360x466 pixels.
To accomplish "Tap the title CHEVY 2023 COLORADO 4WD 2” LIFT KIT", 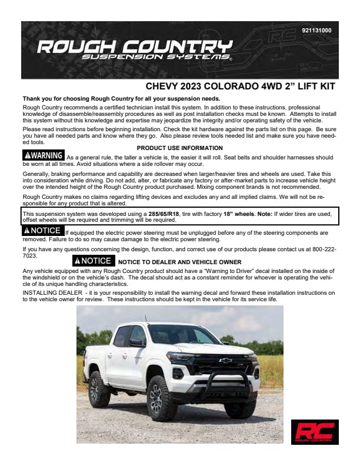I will coord(240,86).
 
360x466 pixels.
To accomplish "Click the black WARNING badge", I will coord(43,155).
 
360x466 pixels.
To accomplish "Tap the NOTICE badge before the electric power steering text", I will coord(42,230).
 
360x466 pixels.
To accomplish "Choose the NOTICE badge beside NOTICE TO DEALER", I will coord(93,260).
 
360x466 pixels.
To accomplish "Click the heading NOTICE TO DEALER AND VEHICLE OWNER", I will coord(179,261).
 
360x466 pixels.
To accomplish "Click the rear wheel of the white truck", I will coord(99,389).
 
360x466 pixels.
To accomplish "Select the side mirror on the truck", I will coord(135,342).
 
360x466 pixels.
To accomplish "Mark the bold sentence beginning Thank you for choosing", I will coord(121,98).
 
